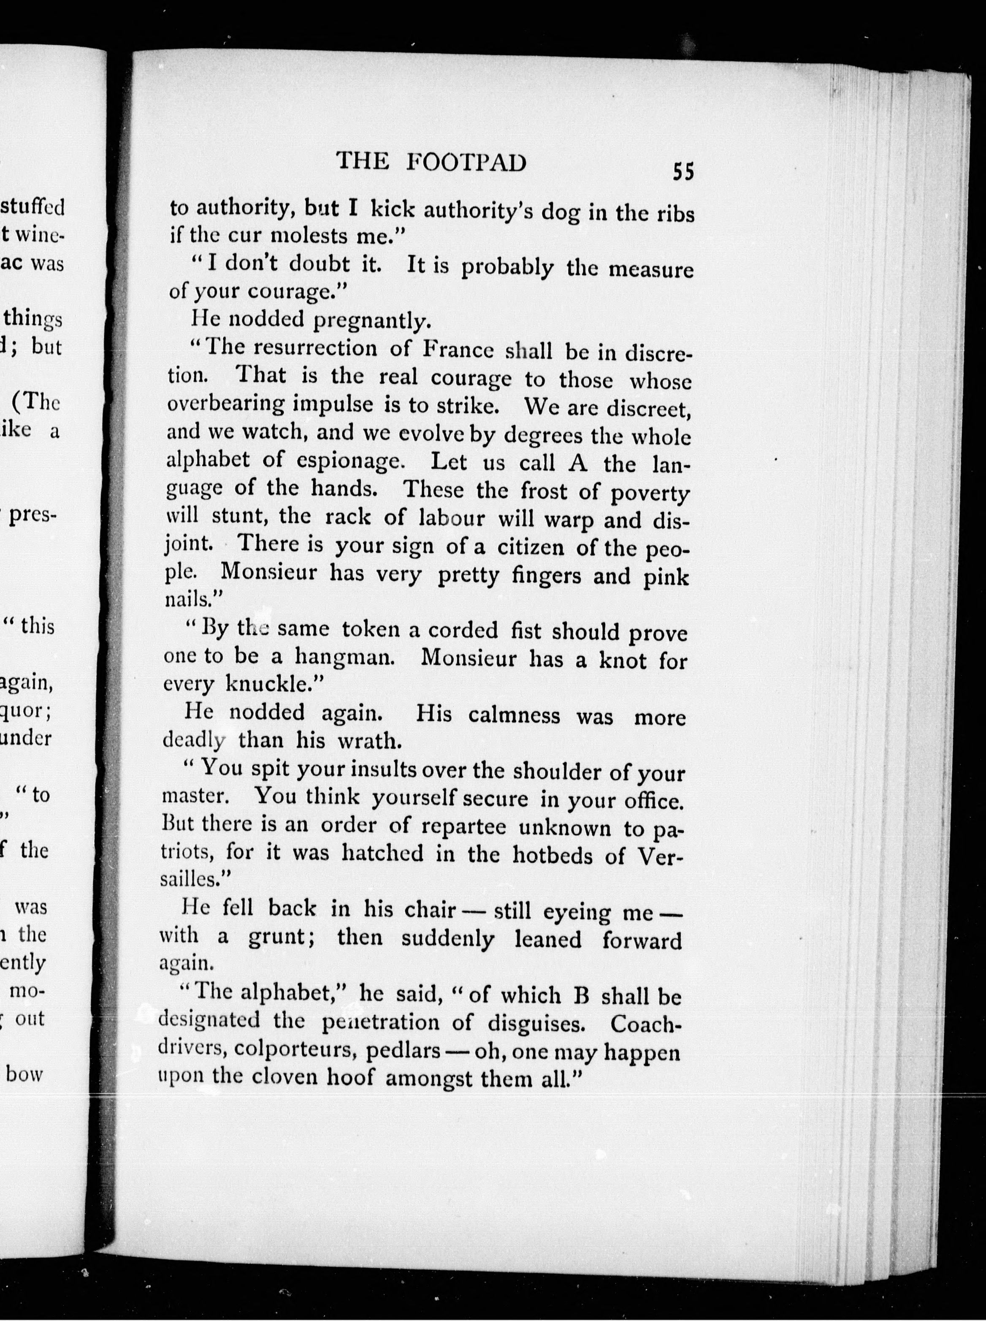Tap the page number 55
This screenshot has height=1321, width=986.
(683, 172)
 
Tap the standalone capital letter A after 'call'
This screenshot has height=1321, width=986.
(579, 463)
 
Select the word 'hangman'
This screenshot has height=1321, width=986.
(344, 658)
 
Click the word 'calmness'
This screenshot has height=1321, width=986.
(514, 715)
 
